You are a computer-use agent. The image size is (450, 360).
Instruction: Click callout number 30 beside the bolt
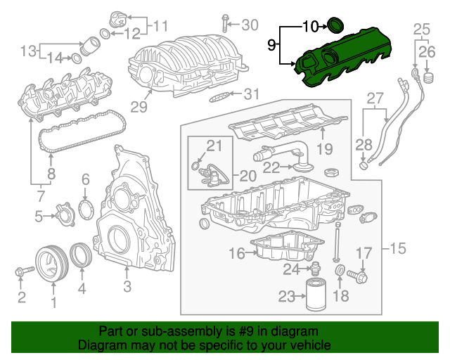point(250,25)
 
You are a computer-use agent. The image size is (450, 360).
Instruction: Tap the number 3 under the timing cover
point(127,286)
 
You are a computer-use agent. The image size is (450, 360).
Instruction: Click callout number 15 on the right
point(399,248)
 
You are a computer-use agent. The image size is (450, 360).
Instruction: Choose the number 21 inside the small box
point(214,146)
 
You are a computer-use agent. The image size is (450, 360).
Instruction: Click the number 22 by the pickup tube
point(271,167)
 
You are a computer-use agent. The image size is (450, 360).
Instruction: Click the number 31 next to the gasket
point(252,94)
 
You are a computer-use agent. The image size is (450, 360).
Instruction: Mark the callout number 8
point(51,173)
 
